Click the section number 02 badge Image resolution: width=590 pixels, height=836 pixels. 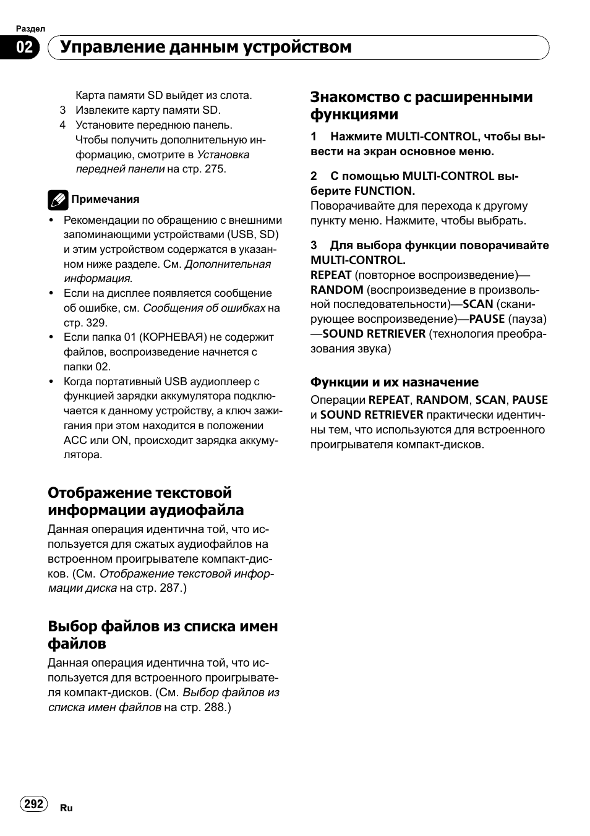[24, 48]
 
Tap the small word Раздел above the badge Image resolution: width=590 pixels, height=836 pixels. [30, 29]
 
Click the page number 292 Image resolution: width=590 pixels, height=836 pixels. [34, 803]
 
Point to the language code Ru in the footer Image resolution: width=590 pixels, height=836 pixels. [67, 808]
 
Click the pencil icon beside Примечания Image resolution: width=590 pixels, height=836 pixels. [58, 200]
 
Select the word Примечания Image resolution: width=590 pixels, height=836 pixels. [105, 199]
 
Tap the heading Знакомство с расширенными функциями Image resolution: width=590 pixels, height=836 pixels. [421, 106]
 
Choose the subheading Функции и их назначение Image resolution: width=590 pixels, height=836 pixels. [394, 382]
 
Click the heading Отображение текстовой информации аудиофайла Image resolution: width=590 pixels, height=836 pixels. [145, 501]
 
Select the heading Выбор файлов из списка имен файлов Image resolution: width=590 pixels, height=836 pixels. [163, 635]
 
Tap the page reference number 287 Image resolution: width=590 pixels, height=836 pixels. [169, 588]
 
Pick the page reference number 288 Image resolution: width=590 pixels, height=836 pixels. [214, 707]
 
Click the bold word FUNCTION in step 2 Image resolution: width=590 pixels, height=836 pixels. [384, 191]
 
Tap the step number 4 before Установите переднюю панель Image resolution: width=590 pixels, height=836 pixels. [62, 126]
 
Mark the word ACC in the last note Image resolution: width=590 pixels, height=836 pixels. [75, 440]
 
